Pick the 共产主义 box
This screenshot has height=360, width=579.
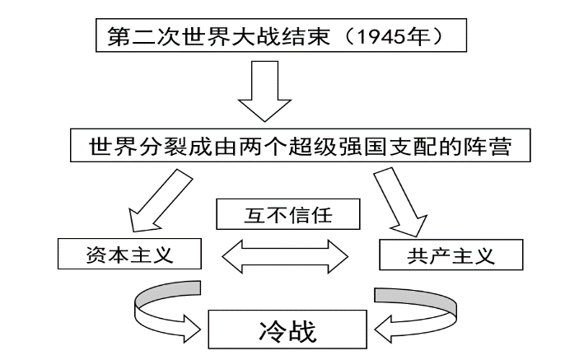point(451,255)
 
